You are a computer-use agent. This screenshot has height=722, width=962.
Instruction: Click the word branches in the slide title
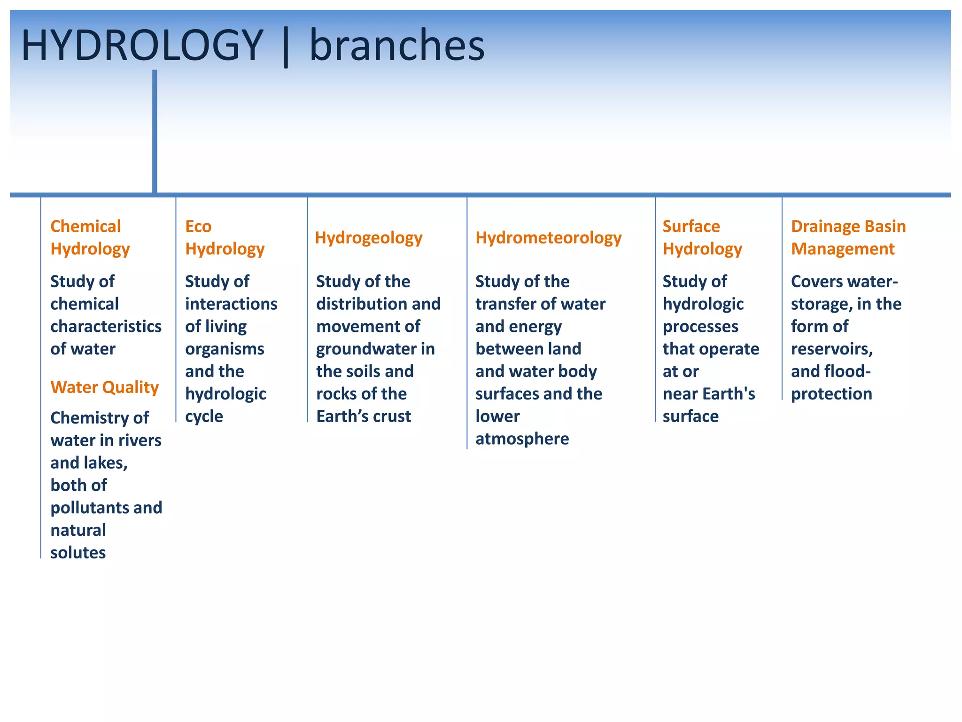(x=397, y=46)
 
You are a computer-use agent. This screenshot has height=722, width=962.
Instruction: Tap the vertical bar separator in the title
(x=286, y=47)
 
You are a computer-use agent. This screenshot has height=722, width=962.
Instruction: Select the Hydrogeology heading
(x=369, y=238)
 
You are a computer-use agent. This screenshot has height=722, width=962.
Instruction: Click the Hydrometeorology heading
(x=548, y=238)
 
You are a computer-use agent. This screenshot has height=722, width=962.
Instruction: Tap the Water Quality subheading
(x=104, y=387)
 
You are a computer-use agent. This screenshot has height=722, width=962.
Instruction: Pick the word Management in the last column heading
(x=843, y=249)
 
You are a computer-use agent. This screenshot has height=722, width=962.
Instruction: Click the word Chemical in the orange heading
(x=85, y=227)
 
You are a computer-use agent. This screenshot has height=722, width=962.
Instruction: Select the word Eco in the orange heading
(x=198, y=227)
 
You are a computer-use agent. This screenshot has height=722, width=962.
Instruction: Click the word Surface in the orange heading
(x=691, y=227)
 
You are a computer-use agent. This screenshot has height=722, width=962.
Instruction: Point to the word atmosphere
(x=522, y=439)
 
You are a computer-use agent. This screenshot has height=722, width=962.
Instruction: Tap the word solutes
(x=78, y=553)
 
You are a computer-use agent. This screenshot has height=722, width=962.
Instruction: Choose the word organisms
(x=225, y=349)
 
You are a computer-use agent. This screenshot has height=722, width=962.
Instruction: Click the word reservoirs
(x=831, y=349)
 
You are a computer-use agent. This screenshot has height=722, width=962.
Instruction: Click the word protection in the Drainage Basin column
(x=831, y=394)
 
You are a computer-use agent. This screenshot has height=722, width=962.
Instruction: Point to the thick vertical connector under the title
(x=155, y=132)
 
